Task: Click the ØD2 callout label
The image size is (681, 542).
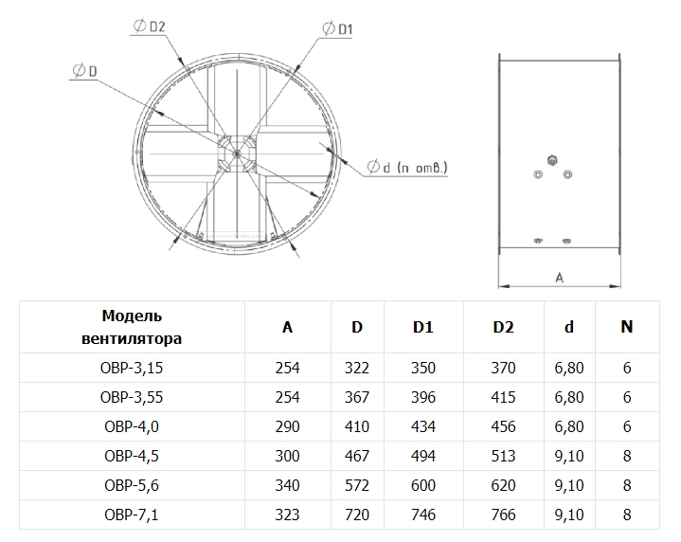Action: pos(150,27)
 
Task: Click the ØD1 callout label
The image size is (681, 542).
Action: pos(337,28)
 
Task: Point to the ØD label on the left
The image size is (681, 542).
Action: pos(84,70)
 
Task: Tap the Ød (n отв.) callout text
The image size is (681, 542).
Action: pos(407,168)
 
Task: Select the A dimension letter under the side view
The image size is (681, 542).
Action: pos(560,278)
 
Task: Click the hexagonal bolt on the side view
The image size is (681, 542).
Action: pos(552,160)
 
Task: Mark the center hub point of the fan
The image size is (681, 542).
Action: pos(237,154)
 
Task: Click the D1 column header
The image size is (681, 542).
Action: pos(423,327)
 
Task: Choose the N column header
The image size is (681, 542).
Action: pos(627,327)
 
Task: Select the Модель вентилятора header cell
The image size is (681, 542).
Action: pos(132,327)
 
